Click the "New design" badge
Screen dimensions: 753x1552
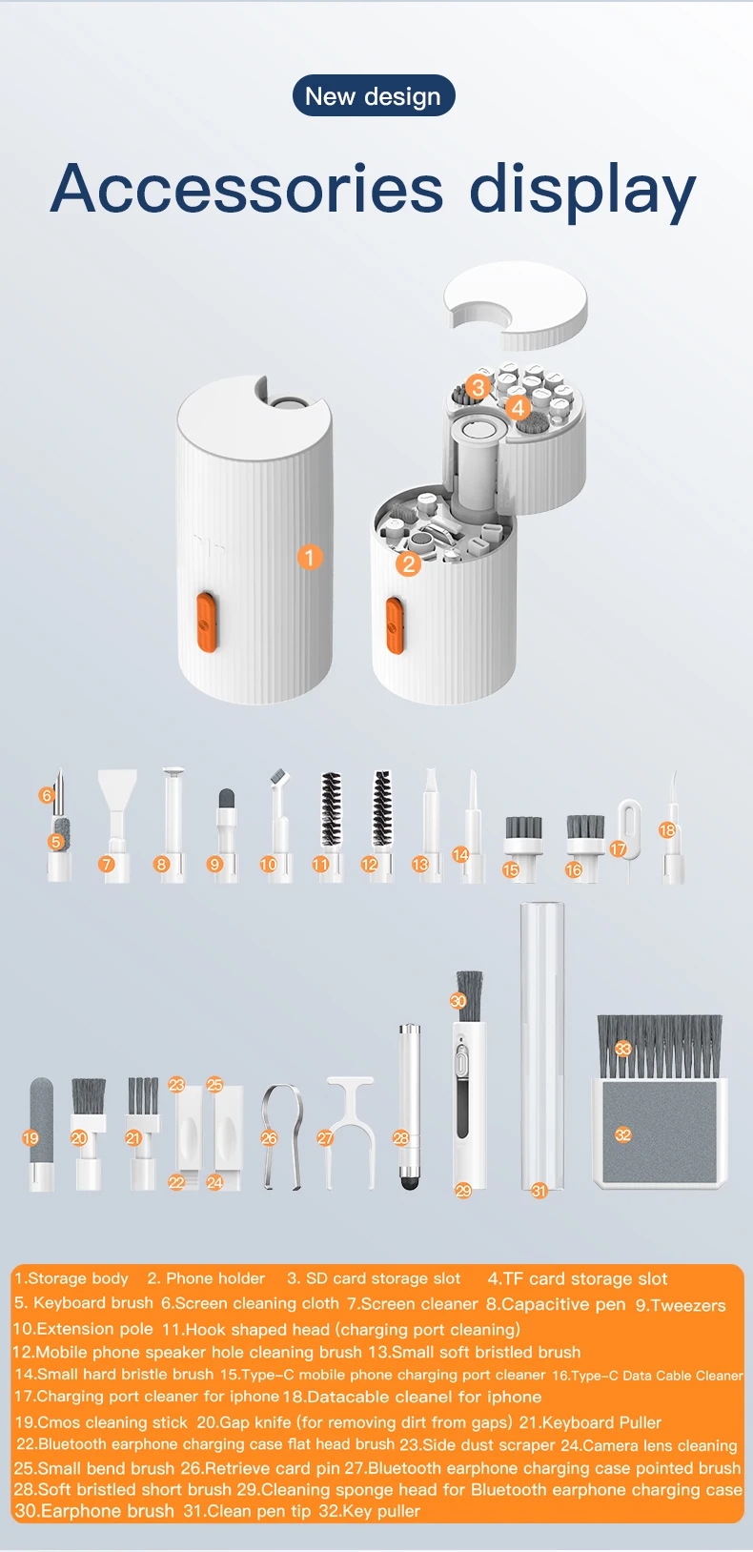pos(374,95)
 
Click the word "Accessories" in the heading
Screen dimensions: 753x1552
pos(247,188)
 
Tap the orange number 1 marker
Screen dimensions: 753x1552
pos(310,557)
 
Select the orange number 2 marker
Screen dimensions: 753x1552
pos(409,564)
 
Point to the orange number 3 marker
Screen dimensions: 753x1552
pos(478,387)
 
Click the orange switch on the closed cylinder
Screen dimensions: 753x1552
pos(207,623)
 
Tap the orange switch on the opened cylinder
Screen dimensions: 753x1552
pos(395,625)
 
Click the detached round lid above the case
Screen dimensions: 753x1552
pos(516,304)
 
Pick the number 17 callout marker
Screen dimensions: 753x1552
pos(619,848)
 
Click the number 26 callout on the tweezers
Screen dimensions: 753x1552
pos(269,1137)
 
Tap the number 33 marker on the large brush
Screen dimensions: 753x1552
pos(623,1049)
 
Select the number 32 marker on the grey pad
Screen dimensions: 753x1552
pos(623,1134)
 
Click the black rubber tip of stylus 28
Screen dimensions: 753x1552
pos(410,1180)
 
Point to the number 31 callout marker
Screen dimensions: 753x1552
pos(539,1192)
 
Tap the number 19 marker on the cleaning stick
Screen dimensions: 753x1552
pos(31,1137)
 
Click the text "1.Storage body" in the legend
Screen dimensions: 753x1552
pos(71,1278)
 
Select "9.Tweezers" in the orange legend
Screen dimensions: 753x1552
pos(681,1305)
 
